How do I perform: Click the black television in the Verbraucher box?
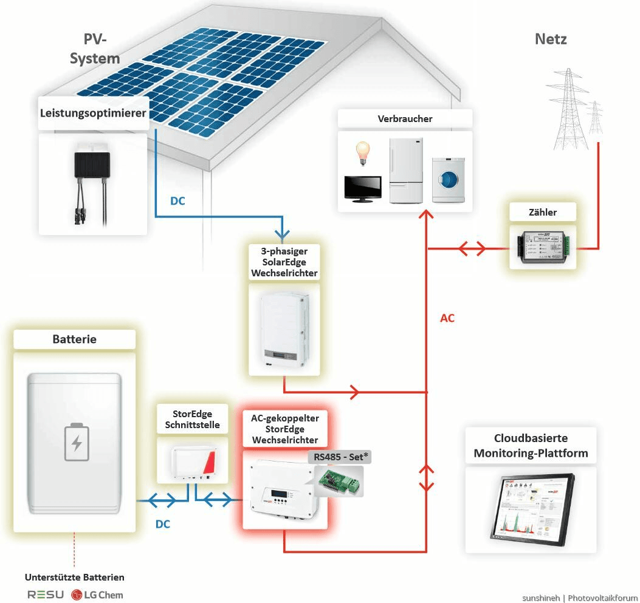point(363,189)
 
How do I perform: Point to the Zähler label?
point(543,213)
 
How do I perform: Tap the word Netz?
point(551,39)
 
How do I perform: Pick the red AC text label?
point(447,318)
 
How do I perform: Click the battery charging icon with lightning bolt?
point(77,442)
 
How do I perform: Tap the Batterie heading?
point(74,339)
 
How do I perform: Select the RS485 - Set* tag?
point(339,457)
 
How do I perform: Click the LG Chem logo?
point(97,594)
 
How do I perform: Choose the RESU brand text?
point(46,594)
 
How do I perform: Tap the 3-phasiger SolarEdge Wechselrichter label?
point(284,262)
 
